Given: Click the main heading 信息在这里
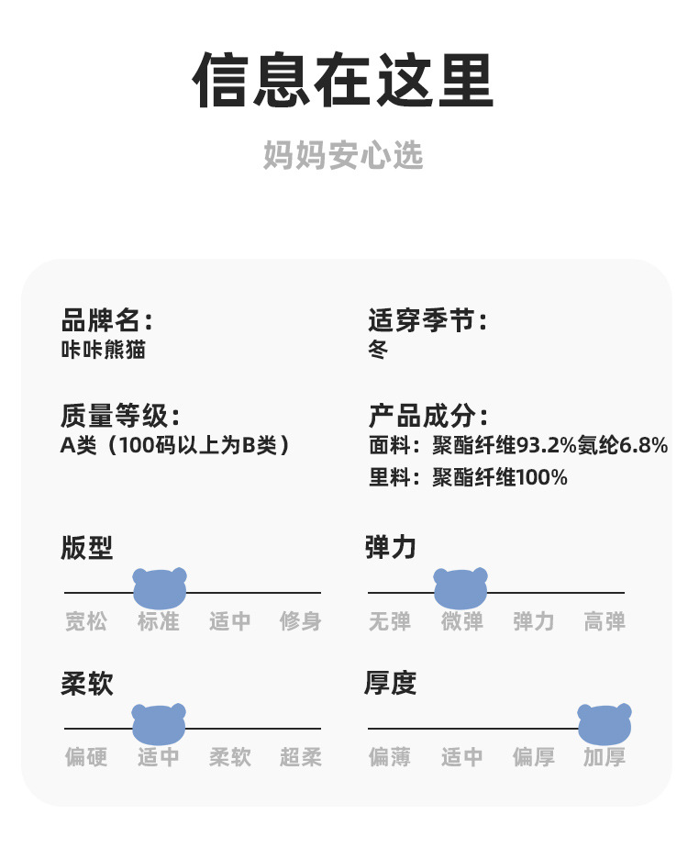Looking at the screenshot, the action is coord(343,82).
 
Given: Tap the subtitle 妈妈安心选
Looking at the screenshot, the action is coord(343,155).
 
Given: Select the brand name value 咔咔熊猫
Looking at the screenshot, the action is coord(103,350).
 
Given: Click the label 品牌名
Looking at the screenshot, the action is coord(105,321).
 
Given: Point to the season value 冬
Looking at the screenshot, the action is coord(378,350).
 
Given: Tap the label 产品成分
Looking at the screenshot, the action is coord(427,417).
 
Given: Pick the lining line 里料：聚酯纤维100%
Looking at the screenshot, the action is coord(467,478).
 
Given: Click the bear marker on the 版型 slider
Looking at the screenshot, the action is coord(160,588).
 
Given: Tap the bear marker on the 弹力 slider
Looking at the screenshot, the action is coord(461,588).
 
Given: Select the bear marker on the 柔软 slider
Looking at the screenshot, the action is coord(159,723).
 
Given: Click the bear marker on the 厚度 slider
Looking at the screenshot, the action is coord(605,723).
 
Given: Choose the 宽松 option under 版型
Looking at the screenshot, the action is coord(86,622).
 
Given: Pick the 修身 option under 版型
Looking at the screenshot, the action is coord(301,622).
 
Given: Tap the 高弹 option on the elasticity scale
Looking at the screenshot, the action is coord(605,622).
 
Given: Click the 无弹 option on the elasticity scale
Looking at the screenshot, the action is coord(390,622).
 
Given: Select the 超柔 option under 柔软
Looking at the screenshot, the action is coord(301,758).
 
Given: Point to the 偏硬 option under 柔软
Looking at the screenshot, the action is coord(86,758).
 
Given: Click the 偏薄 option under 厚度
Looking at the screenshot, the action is coord(390,758).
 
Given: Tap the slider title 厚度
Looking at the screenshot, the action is coord(390,684).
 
